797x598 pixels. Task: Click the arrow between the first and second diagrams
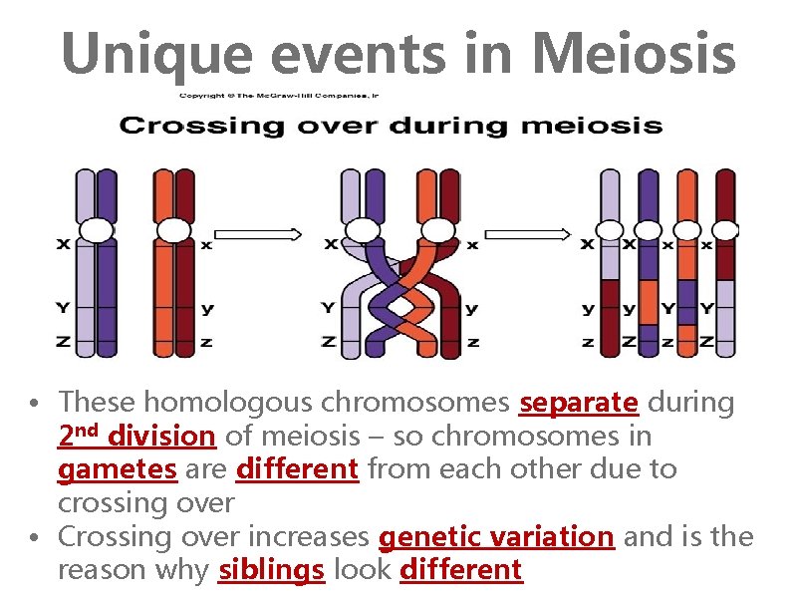pos(258,234)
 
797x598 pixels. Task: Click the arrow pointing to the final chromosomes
pos(537,234)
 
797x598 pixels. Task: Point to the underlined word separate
pos(579,403)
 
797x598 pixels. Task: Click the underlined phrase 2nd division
pos(136,436)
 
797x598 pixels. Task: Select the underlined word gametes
pos(118,468)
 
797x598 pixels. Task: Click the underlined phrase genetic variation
pos(496,536)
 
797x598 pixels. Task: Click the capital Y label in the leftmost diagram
pos(63,306)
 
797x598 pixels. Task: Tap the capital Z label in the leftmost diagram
pos(63,342)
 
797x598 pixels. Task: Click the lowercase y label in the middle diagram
pos(472,309)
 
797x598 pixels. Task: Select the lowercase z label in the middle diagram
pos(472,342)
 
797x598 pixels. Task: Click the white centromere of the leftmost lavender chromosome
pos(96,230)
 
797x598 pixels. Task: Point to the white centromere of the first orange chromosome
pos(173,230)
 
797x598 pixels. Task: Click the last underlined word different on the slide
pos(460,570)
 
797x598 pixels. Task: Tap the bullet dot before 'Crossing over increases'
pos(34,537)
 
